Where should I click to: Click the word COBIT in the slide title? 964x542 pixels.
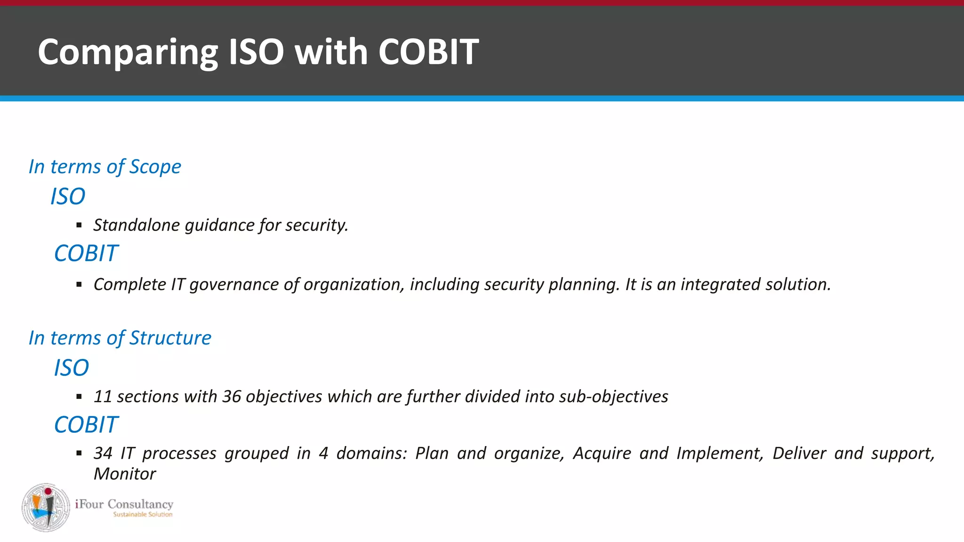tap(428, 52)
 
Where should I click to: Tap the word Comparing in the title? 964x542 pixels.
tap(128, 53)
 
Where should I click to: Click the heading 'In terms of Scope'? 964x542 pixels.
tap(104, 167)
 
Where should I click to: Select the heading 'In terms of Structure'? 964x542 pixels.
tap(120, 338)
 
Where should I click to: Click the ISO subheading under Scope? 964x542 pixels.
tap(68, 196)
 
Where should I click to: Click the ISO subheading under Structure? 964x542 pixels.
tap(71, 367)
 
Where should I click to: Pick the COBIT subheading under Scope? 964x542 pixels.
tap(86, 254)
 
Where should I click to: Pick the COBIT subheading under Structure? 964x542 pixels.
tap(86, 425)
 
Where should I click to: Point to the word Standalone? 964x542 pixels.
tap(137, 225)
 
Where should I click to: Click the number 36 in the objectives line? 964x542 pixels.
tap(232, 397)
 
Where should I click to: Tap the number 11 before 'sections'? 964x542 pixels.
tap(102, 397)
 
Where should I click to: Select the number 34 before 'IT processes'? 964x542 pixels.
tap(103, 453)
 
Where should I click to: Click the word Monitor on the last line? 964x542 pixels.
tap(124, 474)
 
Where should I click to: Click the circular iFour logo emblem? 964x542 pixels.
tap(46, 507)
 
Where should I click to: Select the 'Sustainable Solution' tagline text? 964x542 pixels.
tap(143, 515)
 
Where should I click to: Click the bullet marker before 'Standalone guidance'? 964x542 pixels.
tap(79, 226)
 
